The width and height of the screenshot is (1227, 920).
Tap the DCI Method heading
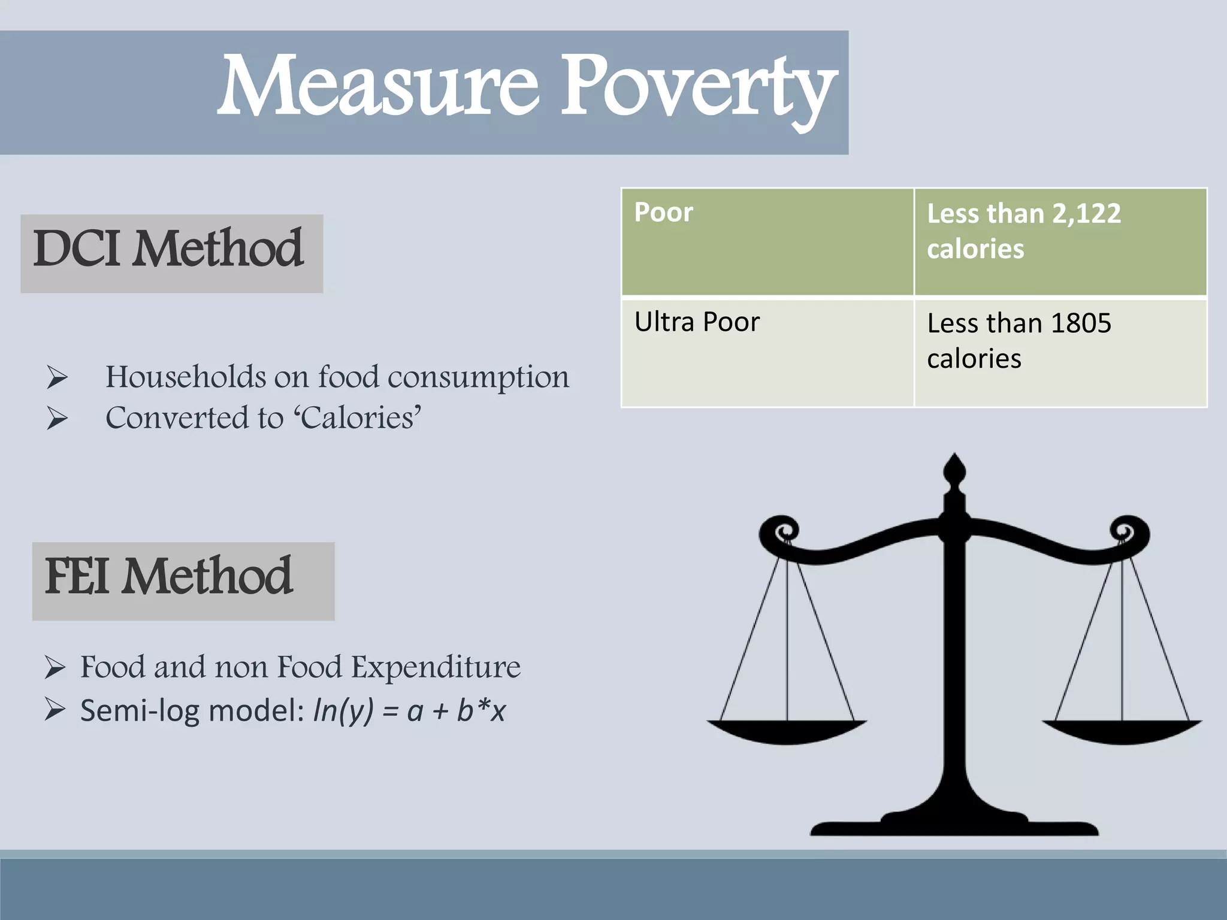point(170,250)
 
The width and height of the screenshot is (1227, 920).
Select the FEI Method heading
point(170,577)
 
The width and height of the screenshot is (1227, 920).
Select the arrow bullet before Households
point(56,378)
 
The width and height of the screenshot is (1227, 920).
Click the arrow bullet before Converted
point(56,418)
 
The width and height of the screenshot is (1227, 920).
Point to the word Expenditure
point(436,667)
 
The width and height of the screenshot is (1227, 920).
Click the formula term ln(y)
point(343,711)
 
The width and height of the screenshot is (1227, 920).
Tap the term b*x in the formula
point(481,711)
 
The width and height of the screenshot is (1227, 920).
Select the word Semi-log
point(141,711)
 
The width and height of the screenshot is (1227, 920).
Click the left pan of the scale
point(787,732)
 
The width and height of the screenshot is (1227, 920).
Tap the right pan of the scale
point(1122,732)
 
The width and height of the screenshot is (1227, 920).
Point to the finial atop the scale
point(954,470)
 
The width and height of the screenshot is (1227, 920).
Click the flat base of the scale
point(954,827)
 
